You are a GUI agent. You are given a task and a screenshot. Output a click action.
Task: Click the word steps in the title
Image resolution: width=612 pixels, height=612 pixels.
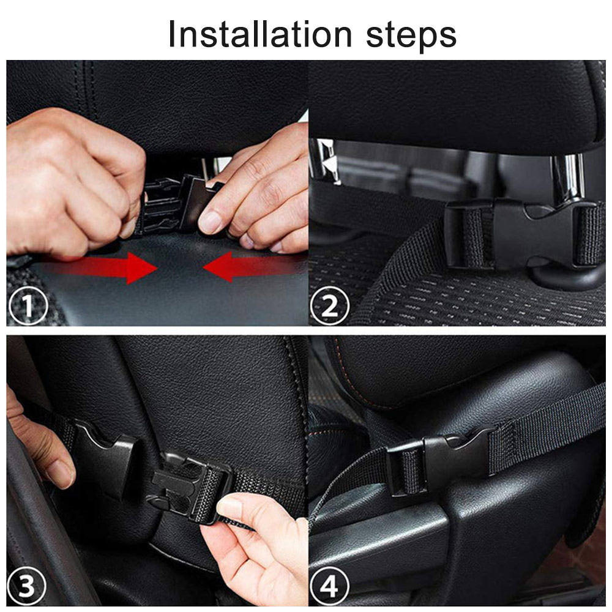pyautogui.click(x=411, y=35)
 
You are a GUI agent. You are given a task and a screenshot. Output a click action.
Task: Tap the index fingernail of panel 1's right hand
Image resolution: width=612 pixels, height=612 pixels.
pyautogui.click(x=212, y=222)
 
